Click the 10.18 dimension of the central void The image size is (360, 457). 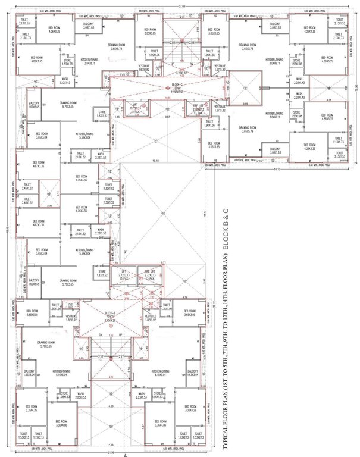[x=155, y=160]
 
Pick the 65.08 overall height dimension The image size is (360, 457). [x=4, y=226]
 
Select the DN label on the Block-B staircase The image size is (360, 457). [x=101, y=335]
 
